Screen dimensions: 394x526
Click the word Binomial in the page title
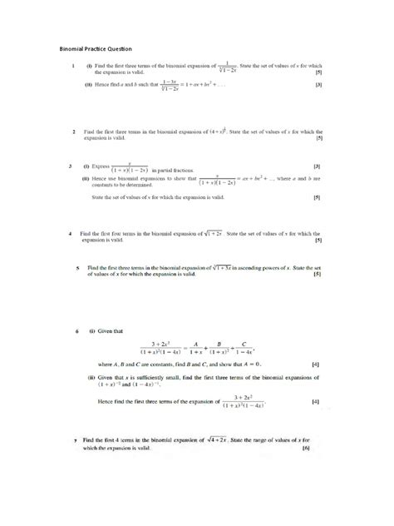72,47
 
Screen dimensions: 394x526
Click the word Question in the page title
120,47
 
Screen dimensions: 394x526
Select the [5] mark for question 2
317,138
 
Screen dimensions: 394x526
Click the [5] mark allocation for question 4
317,241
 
